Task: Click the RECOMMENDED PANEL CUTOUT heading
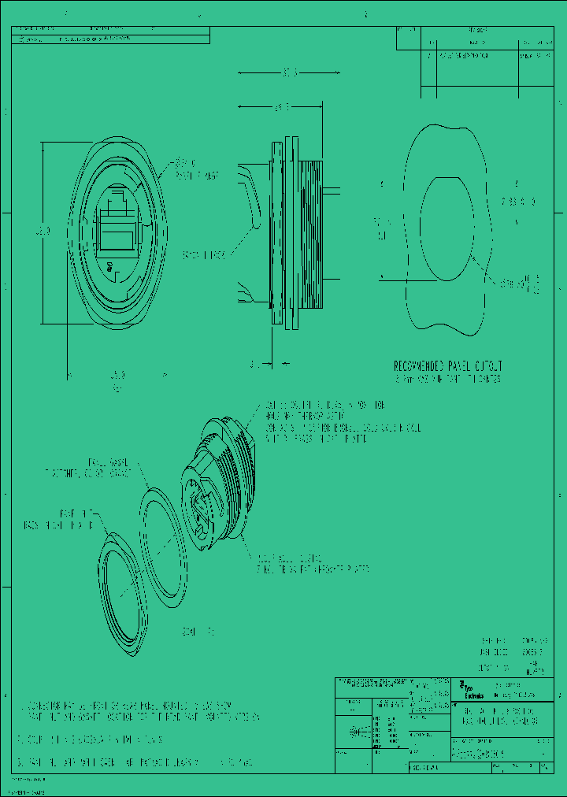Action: point(448,366)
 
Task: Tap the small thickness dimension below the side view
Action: point(254,364)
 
